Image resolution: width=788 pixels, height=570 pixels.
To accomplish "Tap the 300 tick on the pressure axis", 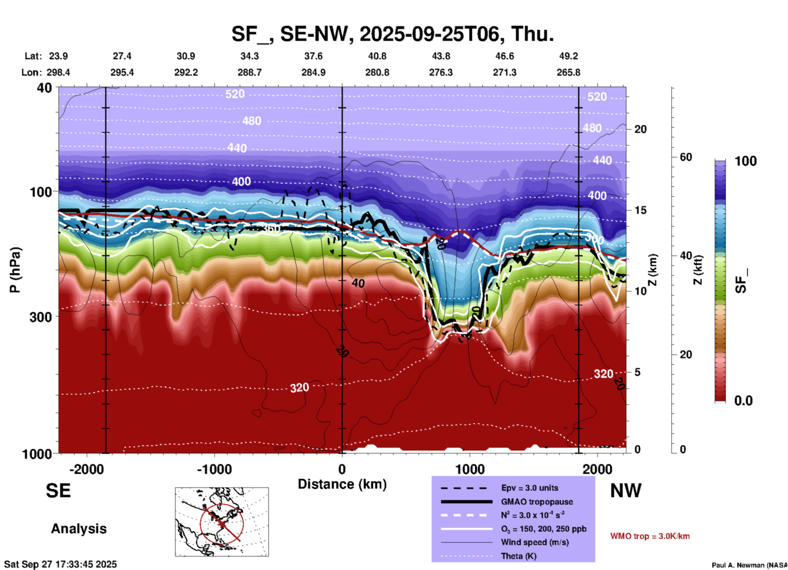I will (x=41, y=316).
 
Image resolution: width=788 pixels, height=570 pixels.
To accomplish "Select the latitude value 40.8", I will (x=377, y=56).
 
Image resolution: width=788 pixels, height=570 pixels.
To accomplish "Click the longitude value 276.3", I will (x=441, y=72).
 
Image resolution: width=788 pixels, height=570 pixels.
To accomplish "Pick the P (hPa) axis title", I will (x=15, y=269).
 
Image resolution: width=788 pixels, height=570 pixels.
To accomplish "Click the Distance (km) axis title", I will (x=342, y=484).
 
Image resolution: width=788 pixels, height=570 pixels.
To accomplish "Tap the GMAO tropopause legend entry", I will (x=536, y=502).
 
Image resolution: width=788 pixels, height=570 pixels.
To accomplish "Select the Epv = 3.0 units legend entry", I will (x=529, y=488).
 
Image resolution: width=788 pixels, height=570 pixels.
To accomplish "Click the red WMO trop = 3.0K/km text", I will (x=650, y=536).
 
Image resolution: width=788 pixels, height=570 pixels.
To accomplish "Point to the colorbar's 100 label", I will (x=745, y=161).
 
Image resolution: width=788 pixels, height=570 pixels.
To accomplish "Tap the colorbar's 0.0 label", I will (x=743, y=400).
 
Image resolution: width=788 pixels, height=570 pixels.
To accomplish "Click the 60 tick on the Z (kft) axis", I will (x=686, y=157).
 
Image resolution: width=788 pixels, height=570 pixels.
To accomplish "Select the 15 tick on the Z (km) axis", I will (x=640, y=210).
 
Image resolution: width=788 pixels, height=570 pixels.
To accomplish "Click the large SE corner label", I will (x=58, y=491).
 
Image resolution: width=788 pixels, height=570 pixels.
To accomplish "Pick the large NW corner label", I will (x=626, y=491).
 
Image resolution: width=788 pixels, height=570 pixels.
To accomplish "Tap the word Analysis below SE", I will (x=79, y=529).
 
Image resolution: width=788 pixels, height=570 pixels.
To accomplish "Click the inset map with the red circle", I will (x=222, y=522).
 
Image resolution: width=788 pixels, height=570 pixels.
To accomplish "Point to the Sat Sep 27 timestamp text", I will (x=61, y=564).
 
